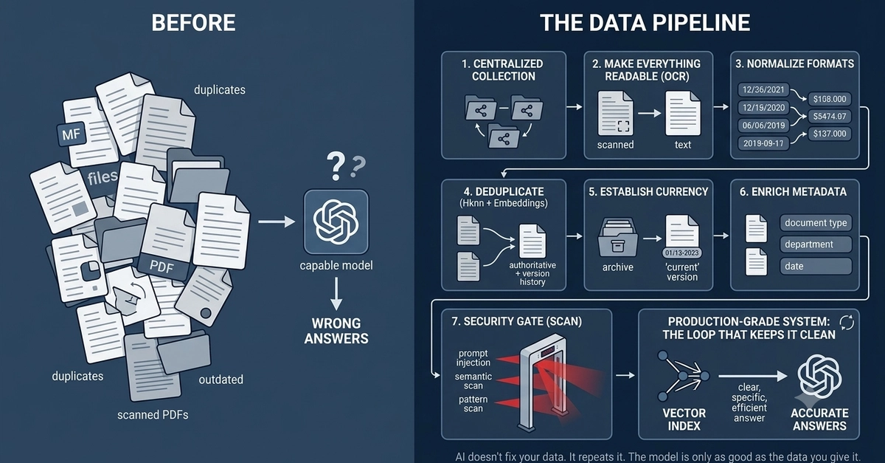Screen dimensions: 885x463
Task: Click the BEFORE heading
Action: click(193, 23)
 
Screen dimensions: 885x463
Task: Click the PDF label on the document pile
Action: click(162, 267)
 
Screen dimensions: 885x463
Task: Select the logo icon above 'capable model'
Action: click(336, 222)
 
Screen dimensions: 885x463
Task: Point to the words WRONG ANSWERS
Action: click(336, 331)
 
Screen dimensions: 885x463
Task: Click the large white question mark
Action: click(336, 167)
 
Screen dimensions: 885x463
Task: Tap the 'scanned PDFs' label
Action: click(153, 415)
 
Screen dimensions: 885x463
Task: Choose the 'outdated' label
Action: click(221, 380)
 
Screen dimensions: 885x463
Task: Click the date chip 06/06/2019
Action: click(763, 126)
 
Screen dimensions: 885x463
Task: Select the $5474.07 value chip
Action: click(829, 117)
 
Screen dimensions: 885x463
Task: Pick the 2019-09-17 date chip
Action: click(763, 143)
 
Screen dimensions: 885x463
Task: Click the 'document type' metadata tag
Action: click(816, 223)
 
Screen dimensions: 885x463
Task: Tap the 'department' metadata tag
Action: click(816, 244)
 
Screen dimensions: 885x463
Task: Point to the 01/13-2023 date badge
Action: click(682, 253)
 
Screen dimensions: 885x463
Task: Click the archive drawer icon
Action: click(617, 238)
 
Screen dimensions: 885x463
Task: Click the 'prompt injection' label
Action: click(473, 357)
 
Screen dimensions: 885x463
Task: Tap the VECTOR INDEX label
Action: click(684, 419)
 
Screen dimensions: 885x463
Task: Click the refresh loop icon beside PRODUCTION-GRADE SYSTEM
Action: click(847, 322)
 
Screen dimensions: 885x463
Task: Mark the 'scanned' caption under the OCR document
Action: click(615, 145)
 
